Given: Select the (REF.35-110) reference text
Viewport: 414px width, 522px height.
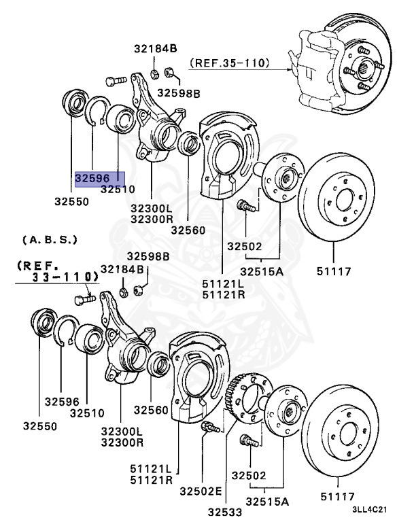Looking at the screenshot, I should (x=229, y=64).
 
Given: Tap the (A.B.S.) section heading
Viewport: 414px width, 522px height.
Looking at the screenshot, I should (x=50, y=240).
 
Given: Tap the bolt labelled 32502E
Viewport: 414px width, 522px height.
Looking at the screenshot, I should (x=208, y=428).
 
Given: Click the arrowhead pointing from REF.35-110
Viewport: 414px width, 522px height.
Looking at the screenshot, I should (x=292, y=67).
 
